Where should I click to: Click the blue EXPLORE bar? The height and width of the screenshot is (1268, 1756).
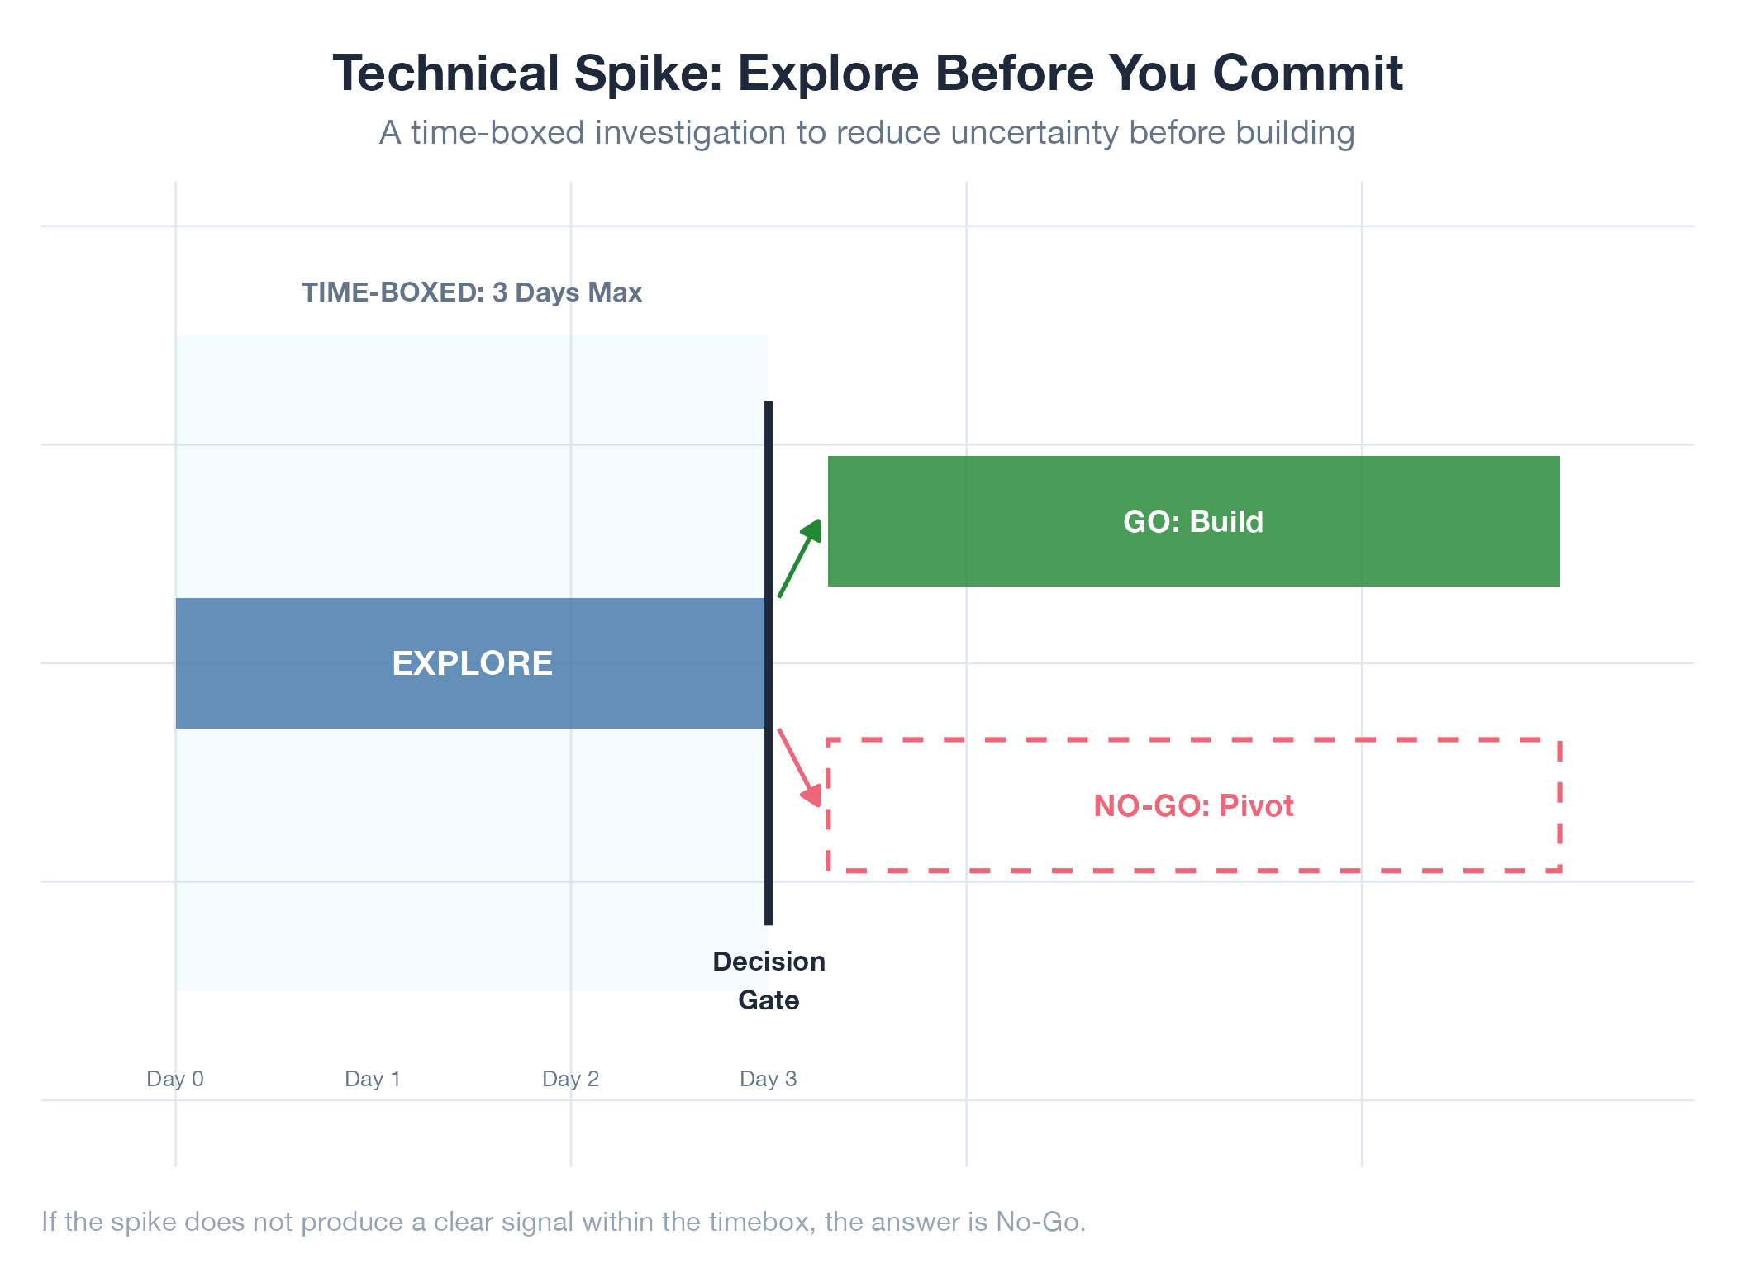(x=470, y=663)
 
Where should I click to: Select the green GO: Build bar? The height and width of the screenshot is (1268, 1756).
(x=1193, y=521)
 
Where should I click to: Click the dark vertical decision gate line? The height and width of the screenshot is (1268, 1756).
(x=769, y=662)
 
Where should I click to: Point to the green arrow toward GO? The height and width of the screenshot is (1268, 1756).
(x=799, y=558)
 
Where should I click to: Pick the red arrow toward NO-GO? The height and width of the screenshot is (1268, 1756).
(x=799, y=767)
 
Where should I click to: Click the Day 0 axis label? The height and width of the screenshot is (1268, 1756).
(x=175, y=1079)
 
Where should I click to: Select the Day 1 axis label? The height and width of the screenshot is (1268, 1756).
(x=373, y=1079)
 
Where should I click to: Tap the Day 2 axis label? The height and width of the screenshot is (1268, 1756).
(x=570, y=1079)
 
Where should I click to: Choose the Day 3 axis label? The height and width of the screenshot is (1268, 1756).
(x=769, y=1079)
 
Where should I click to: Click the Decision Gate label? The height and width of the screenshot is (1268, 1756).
(x=769, y=981)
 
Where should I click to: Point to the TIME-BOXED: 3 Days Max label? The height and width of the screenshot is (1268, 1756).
(x=472, y=292)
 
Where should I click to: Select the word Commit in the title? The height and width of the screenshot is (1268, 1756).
(x=1308, y=73)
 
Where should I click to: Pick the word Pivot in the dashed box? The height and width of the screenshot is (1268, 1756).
(x=1257, y=806)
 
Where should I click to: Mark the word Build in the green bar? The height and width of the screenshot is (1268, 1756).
(x=1226, y=522)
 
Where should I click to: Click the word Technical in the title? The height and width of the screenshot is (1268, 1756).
(x=446, y=73)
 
